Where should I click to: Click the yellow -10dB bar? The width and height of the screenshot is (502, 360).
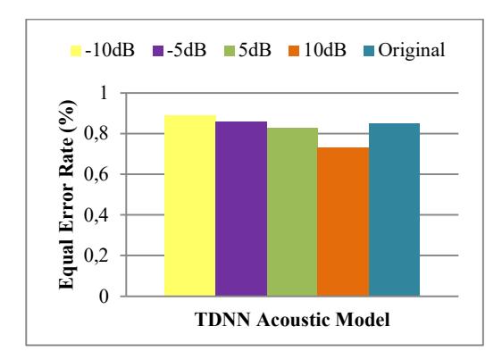tap(190, 205)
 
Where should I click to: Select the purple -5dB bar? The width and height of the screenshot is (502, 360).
tap(241, 208)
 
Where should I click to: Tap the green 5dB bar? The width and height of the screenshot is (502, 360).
tap(292, 212)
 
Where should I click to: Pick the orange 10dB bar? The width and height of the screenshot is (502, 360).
tap(343, 222)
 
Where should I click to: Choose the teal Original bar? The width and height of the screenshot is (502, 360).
tap(395, 209)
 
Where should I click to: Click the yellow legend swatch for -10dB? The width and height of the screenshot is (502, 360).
tap(76, 51)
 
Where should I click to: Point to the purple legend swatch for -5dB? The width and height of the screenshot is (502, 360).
tap(158, 51)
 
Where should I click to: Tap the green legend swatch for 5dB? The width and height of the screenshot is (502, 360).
tap(230, 51)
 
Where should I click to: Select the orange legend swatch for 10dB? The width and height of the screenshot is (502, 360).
tap(294, 51)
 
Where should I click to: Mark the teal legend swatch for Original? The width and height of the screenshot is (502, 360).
tap(369, 51)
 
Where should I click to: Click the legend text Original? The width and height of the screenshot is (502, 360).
tap(412, 51)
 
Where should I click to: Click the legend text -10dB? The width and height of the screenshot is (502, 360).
tap(110, 50)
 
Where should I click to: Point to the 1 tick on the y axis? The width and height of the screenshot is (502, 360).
tap(103, 93)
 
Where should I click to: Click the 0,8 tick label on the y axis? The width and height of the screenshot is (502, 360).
tap(96, 134)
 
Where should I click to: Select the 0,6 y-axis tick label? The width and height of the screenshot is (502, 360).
tap(96, 174)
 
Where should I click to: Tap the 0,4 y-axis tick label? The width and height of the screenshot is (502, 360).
tap(96, 215)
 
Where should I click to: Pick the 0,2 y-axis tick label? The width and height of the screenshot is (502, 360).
tap(96, 255)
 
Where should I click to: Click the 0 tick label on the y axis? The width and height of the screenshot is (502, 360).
tap(104, 297)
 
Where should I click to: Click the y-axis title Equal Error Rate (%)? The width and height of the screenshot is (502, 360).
tap(67, 195)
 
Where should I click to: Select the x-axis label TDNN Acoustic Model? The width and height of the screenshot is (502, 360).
tap(292, 320)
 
